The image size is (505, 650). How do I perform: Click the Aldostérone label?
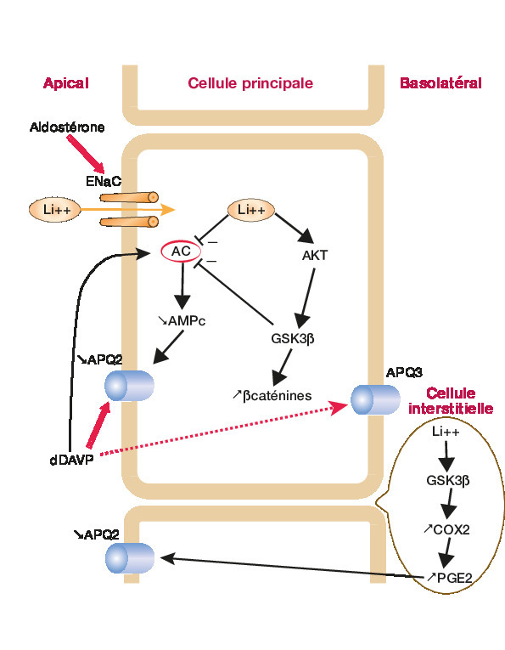(67, 127)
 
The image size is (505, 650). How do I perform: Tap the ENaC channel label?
(104, 181)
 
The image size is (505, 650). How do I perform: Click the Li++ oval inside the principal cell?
(251, 210)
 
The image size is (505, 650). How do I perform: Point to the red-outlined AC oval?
(181, 252)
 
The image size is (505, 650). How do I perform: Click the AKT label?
(315, 256)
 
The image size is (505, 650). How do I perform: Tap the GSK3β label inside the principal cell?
(293, 339)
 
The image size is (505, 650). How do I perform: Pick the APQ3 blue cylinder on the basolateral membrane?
(375, 399)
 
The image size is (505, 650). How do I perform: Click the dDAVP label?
(71, 461)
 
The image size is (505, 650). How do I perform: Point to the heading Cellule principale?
(250, 83)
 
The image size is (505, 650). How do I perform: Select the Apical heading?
(66, 83)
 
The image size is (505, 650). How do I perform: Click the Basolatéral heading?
(440, 83)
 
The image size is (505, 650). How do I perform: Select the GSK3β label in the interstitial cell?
(448, 481)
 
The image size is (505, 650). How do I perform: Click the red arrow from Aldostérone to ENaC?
(86, 154)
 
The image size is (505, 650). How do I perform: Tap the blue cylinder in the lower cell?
(130, 558)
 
